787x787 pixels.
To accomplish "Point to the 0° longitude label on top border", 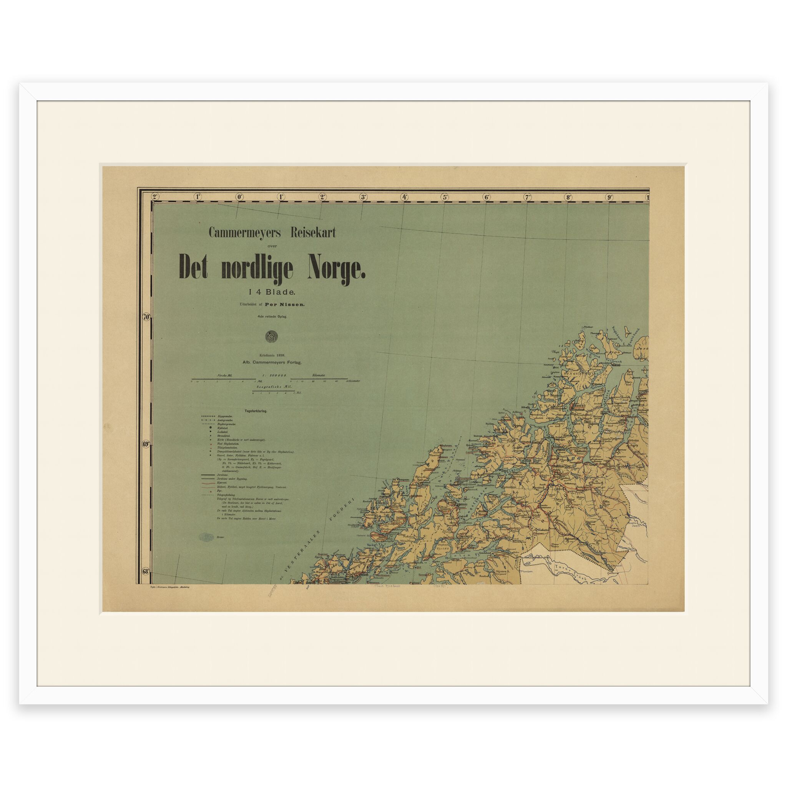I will (x=239, y=197).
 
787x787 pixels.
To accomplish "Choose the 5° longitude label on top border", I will (x=445, y=197).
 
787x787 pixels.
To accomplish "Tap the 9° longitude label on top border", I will (x=609, y=197).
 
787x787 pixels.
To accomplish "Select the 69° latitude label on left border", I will (x=147, y=445).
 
